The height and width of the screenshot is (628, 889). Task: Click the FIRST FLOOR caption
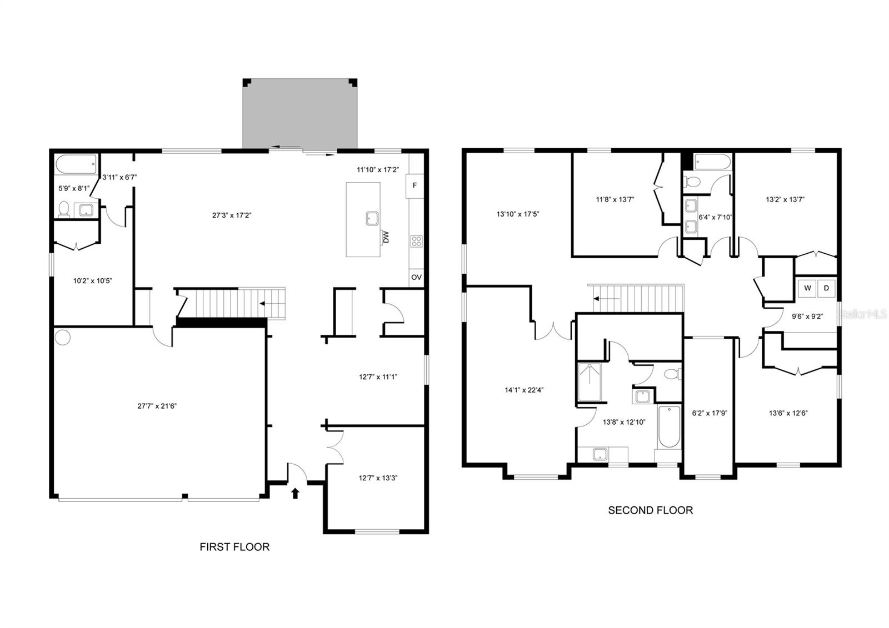pos(234,547)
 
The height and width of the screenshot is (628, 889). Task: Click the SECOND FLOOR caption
pos(650,510)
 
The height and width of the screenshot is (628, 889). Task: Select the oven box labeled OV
pos(416,277)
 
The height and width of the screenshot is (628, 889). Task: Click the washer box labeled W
pos(807,288)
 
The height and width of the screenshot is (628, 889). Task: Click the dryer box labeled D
pos(826,288)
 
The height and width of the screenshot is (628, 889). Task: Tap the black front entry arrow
pos(295,493)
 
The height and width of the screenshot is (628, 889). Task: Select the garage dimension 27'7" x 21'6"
pos(157,406)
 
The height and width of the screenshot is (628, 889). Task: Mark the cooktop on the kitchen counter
pos(416,241)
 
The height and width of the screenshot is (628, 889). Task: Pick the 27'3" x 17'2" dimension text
pos(232,215)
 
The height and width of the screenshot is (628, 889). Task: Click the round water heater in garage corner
pos(63,337)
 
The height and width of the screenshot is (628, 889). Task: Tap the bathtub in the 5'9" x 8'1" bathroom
pos(76,165)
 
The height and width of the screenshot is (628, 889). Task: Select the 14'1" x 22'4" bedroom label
pos(524,390)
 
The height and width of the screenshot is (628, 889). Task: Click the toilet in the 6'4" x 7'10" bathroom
pos(692,180)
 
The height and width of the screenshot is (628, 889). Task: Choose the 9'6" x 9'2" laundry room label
pos(807,316)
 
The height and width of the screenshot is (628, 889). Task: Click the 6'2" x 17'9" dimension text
pos(710,413)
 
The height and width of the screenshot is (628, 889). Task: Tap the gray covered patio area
pos(299,114)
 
